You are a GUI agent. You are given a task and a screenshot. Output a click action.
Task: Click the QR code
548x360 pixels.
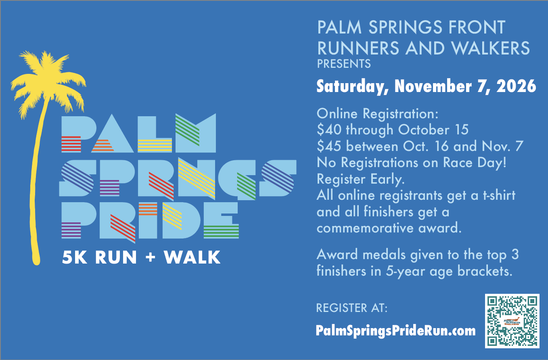pos(512,321)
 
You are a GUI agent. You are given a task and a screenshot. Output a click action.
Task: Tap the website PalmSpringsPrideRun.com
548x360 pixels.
pos(395,331)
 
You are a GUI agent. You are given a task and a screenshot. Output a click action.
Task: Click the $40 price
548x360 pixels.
pos(329,130)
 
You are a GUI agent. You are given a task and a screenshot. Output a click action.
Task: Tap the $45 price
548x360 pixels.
pos(329,146)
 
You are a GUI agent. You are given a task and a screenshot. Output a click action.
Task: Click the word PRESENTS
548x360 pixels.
pos(344,64)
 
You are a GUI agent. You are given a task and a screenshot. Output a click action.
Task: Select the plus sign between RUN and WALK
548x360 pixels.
pos(150,257)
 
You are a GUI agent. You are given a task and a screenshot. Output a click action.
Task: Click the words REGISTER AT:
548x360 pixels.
pos(352,308)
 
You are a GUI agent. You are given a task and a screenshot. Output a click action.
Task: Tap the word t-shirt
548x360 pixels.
pos(499,195)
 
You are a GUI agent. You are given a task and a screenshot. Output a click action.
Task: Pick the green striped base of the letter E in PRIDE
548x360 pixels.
pos(221,232)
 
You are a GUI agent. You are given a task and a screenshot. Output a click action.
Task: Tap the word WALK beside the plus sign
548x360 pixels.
pos(192,257)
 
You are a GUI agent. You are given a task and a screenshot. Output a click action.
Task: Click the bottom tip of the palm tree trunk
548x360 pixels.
pos(36,264)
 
